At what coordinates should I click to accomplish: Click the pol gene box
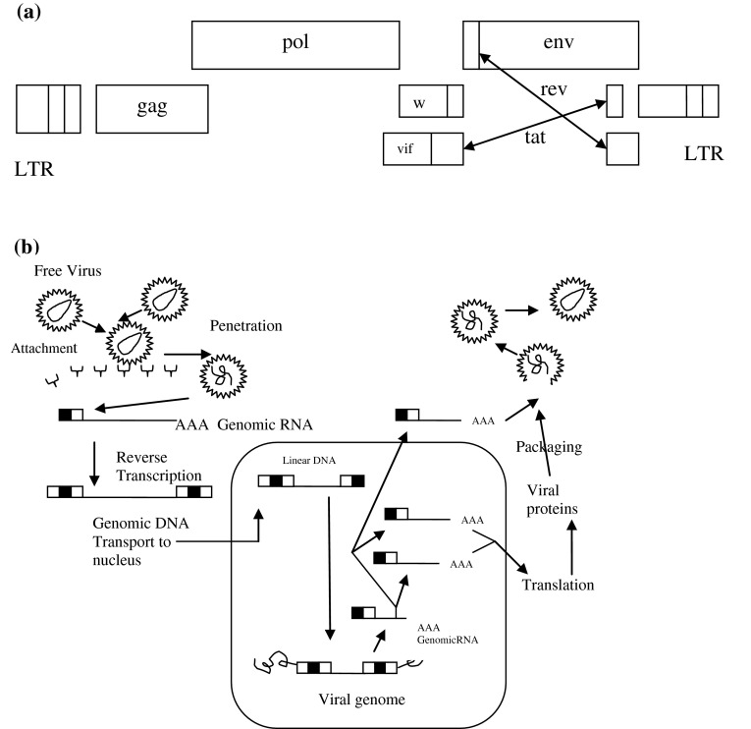295,44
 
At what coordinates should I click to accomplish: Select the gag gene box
152,108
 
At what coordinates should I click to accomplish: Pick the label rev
555,89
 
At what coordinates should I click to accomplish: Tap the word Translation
559,585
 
